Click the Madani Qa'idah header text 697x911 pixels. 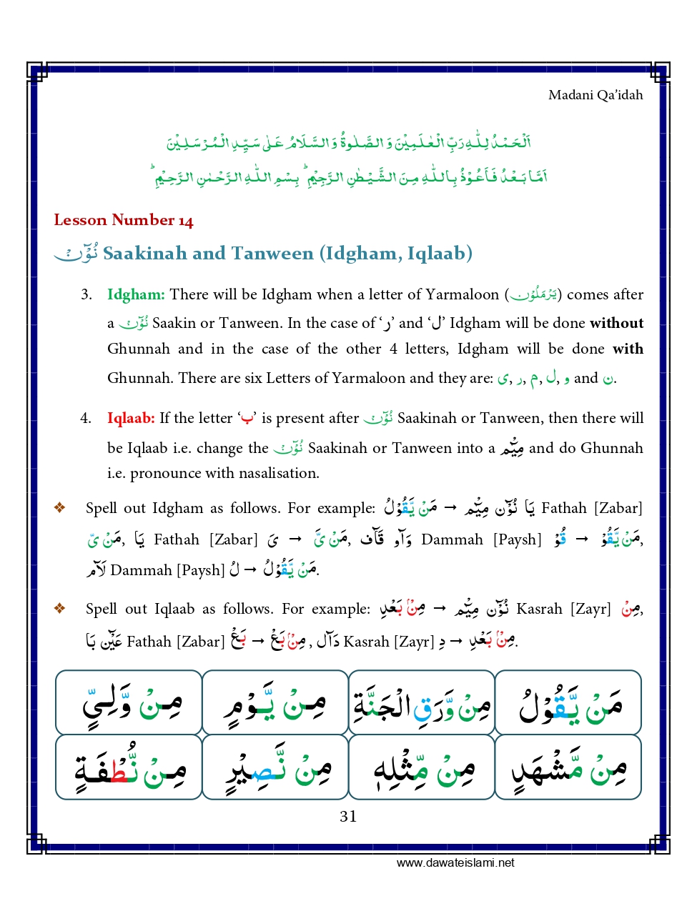coord(595,95)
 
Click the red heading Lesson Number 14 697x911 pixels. coord(124,220)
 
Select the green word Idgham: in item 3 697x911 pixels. coord(136,294)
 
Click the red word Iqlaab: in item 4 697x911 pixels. coord(131,418)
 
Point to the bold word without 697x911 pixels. coord(616,323)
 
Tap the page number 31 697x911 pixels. coord(348,816)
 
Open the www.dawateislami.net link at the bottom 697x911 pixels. coord(455,862)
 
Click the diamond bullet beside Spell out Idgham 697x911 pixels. coord(60,508)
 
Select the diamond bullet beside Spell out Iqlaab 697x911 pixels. coord(60,609)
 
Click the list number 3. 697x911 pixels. coord(86,294)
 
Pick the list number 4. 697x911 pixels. coord(86,418)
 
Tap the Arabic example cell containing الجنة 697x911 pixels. coord(422,703)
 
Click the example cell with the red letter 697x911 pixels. coord(129,767)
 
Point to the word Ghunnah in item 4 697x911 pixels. coord(611,448)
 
